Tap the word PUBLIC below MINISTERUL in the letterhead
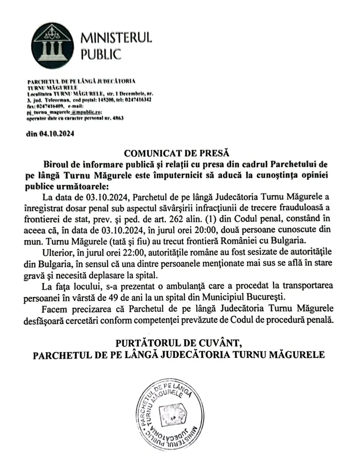pos(100,53)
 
